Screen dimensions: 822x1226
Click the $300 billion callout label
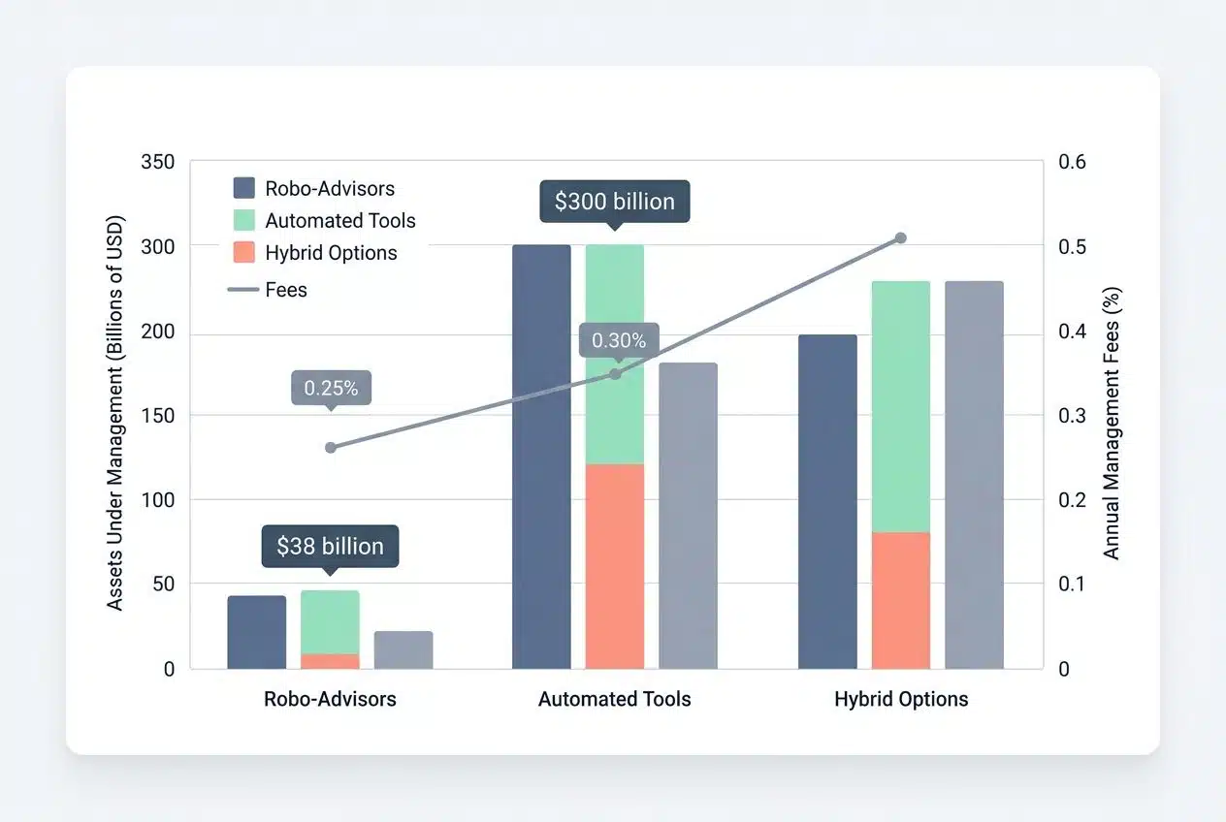click(x=614, y=202)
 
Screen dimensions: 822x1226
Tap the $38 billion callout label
click(x=330, y=546)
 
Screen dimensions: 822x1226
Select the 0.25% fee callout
click(x=331, y=388)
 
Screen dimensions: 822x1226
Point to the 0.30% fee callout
click(x=619, y=340)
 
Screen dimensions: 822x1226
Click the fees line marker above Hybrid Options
click(x=900, y=237)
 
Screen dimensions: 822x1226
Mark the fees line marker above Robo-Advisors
click(x=331, y=447)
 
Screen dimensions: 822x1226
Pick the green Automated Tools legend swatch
click(x=244, y=220)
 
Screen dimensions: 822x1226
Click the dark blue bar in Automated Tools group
click(x=541, y=456)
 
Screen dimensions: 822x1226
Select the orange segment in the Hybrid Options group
click(x=901, y=600)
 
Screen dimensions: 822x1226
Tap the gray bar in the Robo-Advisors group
click(x=403, y=649)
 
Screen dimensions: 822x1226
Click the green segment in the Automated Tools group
click(x=615, y=354)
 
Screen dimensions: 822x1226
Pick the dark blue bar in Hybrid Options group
click(x=827, y=501)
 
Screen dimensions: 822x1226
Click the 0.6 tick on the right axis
click(x=1072, y=162)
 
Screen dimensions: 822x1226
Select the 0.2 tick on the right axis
click(x=1072, y=500)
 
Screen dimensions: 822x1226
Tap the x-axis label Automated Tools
click(x=615, y=699)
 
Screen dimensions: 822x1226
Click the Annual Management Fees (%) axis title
click(x=1112, y=423)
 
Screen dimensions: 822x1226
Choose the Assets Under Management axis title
click(x=115, y=412)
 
